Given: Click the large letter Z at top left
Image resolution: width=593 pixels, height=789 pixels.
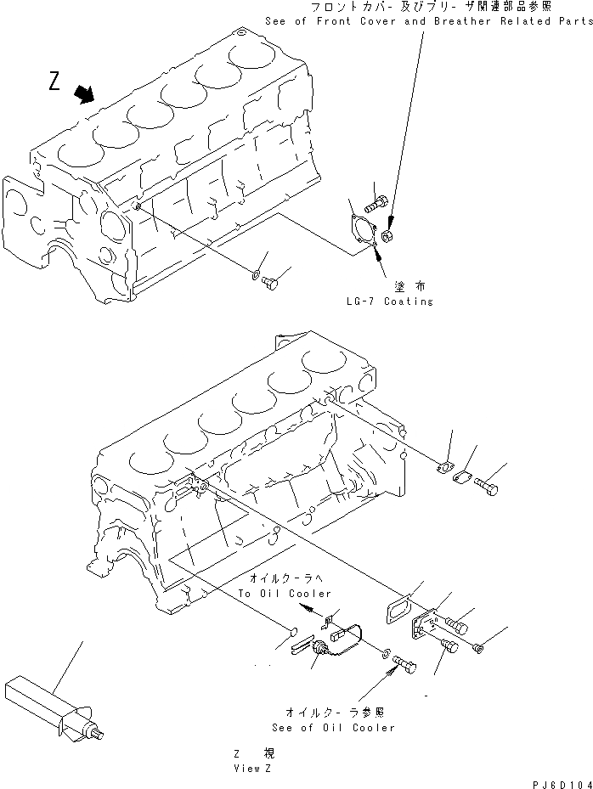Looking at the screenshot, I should coord(55,82).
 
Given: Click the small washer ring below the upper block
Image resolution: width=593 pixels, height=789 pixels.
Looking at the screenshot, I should coord(255,273).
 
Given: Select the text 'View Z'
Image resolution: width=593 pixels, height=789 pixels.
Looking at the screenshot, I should coord(251,767).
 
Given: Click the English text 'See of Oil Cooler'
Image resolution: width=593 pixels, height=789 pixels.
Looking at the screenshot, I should coord(333,728).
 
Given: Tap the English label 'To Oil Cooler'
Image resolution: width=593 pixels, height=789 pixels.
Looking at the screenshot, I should coord(285,593).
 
